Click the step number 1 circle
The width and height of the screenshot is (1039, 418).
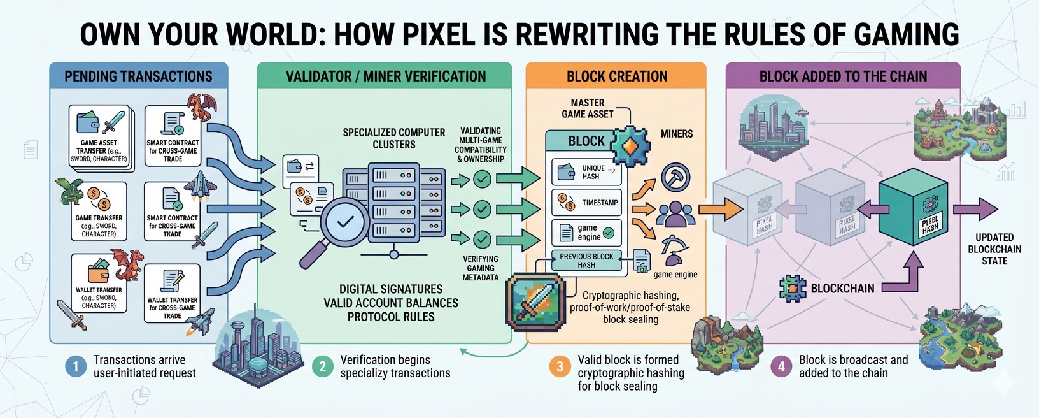76,366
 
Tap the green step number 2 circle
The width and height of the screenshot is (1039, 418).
322,366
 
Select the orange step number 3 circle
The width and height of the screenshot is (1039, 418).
560,366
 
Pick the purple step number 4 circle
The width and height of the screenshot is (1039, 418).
781,366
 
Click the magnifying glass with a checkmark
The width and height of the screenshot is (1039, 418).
344,222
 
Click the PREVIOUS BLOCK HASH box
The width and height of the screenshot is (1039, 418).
586,261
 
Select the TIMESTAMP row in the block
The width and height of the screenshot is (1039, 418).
586,203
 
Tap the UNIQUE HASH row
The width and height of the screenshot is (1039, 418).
586,172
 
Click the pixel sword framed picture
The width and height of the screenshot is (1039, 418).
535,305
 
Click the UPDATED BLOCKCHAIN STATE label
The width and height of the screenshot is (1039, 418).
994,249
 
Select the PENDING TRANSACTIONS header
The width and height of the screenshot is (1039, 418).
139,76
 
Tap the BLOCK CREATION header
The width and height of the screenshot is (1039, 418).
616,76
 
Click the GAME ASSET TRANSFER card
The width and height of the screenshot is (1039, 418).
101,138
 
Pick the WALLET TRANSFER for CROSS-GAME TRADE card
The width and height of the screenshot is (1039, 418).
172,294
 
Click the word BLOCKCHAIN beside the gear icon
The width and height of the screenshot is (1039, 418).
842,289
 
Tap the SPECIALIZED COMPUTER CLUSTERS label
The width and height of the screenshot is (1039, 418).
393,138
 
